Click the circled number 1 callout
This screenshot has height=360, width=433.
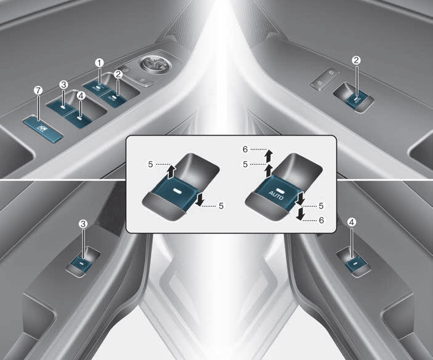(99, 63)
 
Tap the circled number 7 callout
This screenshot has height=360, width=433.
(38, 90)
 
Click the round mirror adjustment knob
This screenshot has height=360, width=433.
(155, 65)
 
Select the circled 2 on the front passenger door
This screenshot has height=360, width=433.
(356, 60)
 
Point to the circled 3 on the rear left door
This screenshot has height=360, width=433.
(83, 223)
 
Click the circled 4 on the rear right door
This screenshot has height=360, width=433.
(352, 222)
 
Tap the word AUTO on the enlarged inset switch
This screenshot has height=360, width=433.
(275, 195)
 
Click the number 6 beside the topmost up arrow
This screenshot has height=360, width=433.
(245, 150)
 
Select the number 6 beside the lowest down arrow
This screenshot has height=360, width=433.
(321, 220)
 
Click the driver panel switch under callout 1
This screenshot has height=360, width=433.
(96, 88)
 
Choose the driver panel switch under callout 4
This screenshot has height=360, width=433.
(78, 119)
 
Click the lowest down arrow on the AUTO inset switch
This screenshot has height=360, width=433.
(300, 214)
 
